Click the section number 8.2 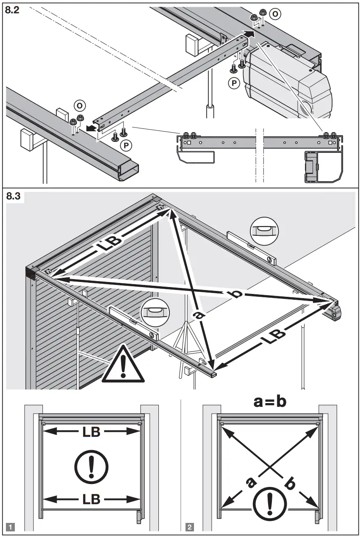[x=12, y=11]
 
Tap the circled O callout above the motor [x=275, y=14]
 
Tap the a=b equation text [x=270, y=401]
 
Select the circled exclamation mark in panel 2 [x=269, y=503]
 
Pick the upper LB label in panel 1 [x=91, y=432]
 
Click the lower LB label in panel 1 [x=91, y=499]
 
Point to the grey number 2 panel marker [x=189, y=527]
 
